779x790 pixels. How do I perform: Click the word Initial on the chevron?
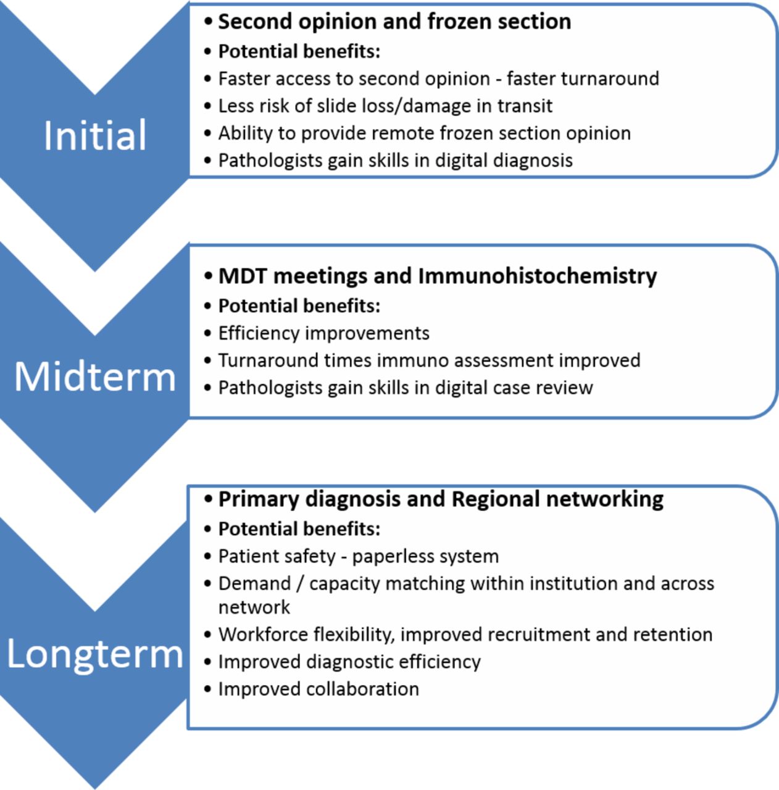pyautogui.click(x=95, y=135)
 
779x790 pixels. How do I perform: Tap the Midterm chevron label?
pyautogui.click(x=95, y=376)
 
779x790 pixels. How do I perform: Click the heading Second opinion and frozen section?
pyautogui.click(x=394, y=22)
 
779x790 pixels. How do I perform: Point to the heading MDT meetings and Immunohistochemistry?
pyautogui.click(x=437, y=275)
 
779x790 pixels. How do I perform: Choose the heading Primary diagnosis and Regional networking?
pyautogui.click(x=441, y=499)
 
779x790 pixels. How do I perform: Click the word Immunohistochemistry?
pyautogui.click(x=538, y=275)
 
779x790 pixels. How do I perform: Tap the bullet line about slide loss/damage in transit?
pyautogui.click(x=385, y=106)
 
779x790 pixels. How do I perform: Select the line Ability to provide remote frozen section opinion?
pyautogui.click(x=425, y=133)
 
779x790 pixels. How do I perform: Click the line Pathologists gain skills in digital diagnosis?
pyautogui.click(x=396, y=160)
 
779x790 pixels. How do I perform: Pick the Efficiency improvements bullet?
pyautogui.click(x=323, y=333)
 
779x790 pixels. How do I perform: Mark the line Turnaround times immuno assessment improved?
pyautogui.click(x=429, y=360)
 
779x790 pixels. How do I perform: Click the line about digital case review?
pyautogui.click(x=406, y=388)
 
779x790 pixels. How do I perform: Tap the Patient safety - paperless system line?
pyautogui.click(x=359, y=556)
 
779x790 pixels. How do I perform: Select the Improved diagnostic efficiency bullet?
pyautogui.click(x=349, y=662)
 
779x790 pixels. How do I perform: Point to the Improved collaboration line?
pyautogui.click(x=319, y=689)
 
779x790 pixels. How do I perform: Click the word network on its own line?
pyautogui.click(x=254, y=607)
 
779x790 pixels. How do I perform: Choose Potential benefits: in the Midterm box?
pyautogui.click(x=299, y=306)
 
